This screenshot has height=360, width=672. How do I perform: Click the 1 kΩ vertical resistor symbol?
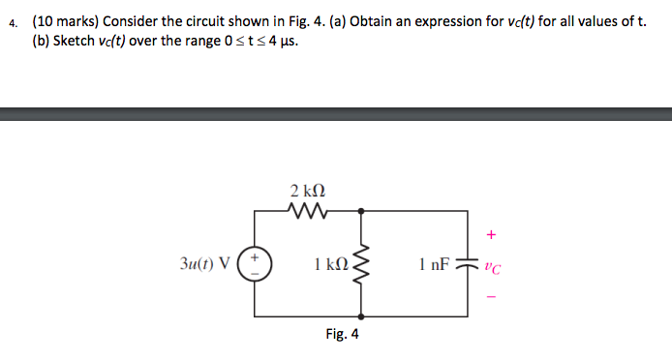(x=362, y=262)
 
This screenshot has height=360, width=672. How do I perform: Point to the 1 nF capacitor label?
(x=434, y=262)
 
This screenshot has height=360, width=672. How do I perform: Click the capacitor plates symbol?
(x=470, y=262)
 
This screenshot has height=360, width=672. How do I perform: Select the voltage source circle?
(x=256, y=262)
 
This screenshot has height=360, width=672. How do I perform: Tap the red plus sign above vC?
(x=492, y=233)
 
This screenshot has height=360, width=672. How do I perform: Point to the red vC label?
(x=492, y=268)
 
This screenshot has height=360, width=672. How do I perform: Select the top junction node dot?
(x=362, y=209)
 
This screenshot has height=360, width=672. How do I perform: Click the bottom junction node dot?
(x=362, y=315)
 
